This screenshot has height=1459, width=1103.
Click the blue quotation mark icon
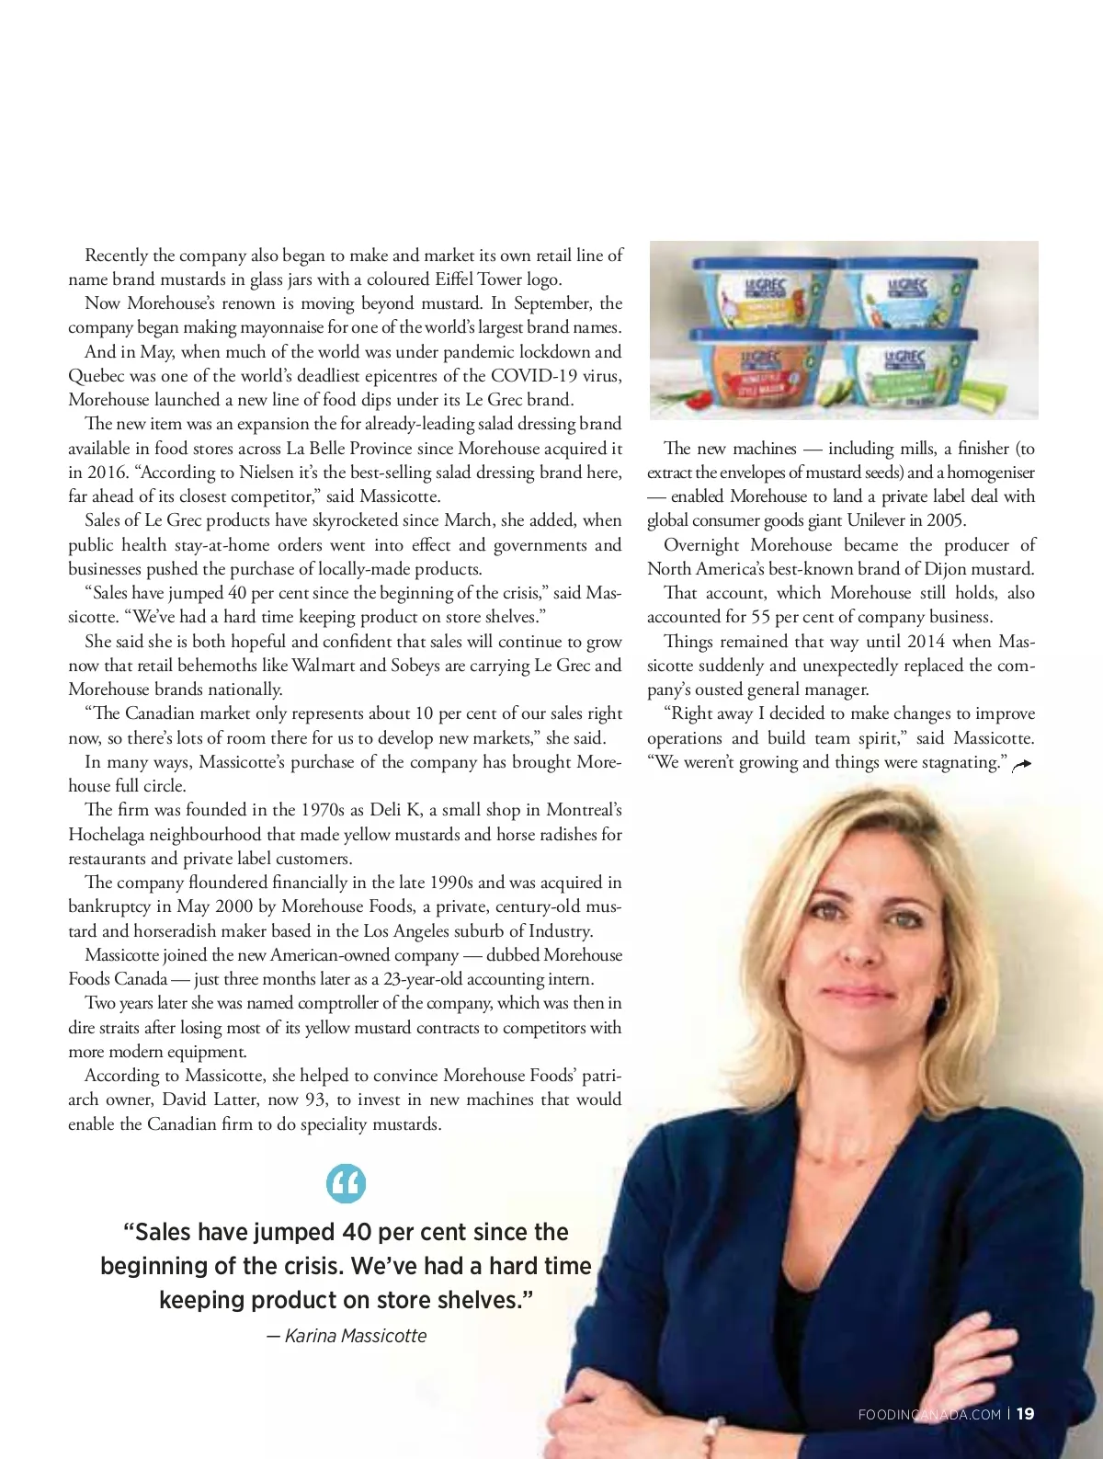pos(346,1183)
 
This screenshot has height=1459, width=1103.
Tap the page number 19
pos(1026,1414)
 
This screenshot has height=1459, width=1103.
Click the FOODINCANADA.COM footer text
pos(928,1415)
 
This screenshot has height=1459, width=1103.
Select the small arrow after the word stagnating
pos(1021,765)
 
